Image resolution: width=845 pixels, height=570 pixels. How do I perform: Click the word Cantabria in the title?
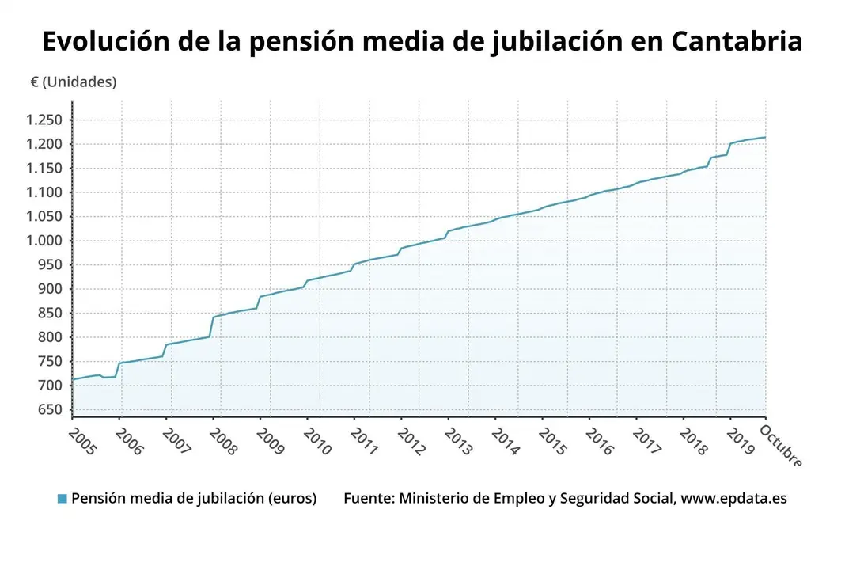[737, 41]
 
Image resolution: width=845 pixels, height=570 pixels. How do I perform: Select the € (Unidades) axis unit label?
[74, 82]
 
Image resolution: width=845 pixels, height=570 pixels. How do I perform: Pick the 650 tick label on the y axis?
[49, 410]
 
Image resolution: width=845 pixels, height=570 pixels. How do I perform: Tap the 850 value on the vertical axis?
[49, 313]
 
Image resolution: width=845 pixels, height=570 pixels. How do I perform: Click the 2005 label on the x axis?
[81, 441]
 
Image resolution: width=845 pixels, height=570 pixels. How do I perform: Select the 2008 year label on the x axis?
[222, 441]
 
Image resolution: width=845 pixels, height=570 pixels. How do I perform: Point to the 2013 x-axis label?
[457, 441]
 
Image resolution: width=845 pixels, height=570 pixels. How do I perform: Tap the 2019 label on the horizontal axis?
[739, 441]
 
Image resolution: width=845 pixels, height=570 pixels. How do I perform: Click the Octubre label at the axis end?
[781, 445]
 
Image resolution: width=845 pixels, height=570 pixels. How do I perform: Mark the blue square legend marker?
[63, 499]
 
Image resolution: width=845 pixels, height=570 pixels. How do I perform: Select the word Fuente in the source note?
[367, 499]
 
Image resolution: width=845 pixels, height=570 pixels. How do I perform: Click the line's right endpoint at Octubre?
[765, 137]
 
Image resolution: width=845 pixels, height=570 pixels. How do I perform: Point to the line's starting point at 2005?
[73, 379]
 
